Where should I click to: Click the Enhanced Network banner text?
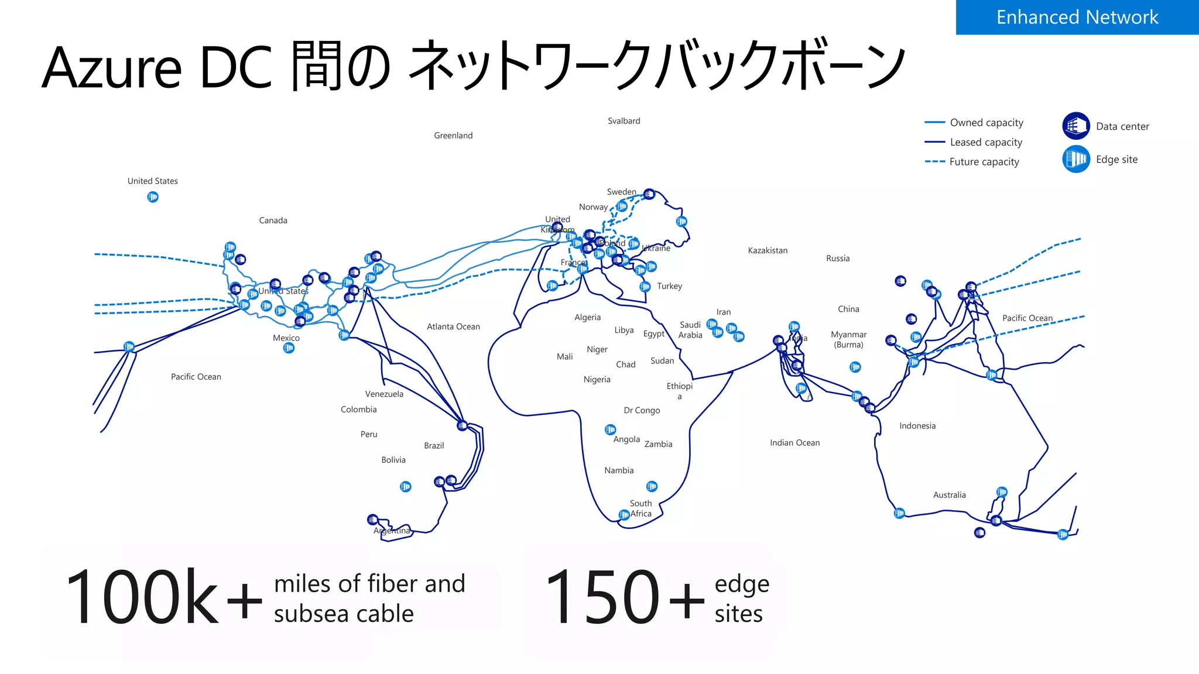click(x=1077, y=17)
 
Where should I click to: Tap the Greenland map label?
click(x=453, y=135)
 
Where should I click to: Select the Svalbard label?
click(x=624, y=121)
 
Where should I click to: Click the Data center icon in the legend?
click(x=1076, y=126)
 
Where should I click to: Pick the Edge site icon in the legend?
click(x=1076, y=159)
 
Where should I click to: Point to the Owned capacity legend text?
click(x=986, y=122)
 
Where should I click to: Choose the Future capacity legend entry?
click(x=984, y=161)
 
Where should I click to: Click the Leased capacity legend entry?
click(x=986, y=142)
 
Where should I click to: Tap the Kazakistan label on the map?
click(x=768, y=250)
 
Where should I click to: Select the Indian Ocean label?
click(x=794, y=443)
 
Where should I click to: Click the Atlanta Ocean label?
click(x=453, y=326)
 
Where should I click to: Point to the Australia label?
click(x=949, y=495)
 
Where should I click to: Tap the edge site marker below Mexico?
click(x=289, y=348)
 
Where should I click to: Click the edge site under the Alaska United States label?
click(x=153, y=197)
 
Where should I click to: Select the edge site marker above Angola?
click(x=610, y=429)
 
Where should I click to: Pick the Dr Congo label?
click(x=642, y=410)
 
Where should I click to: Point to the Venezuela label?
click(x=384, y=394)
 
